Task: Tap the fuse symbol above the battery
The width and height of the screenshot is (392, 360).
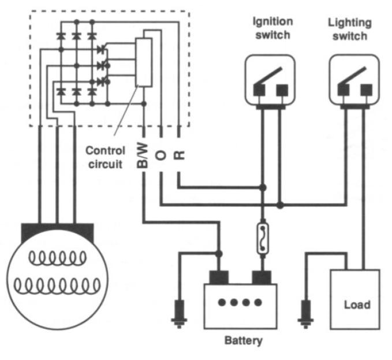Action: pyautogui.click(x=262, y=237)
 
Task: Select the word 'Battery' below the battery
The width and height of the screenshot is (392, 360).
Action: pyautogui.click(x=243, y=340)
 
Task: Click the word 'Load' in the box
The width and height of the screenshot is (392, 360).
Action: pyautogui.click(x=356, y=305)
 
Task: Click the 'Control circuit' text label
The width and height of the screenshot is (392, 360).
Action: pyautogui.click(x=105, y=157)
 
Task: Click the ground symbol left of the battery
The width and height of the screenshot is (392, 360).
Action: pyautogui.click(x=178, y=311)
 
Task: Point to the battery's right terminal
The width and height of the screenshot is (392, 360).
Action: pyautogui.click(x=263, y=276)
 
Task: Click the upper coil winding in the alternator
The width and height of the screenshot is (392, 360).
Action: pyautogui.click(x=57, y=257)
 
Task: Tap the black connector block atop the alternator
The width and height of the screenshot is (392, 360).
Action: pyautogui.click(x=58, y=233)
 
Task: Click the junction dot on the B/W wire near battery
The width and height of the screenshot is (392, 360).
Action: pyautogui.click(x=219, y=254)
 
